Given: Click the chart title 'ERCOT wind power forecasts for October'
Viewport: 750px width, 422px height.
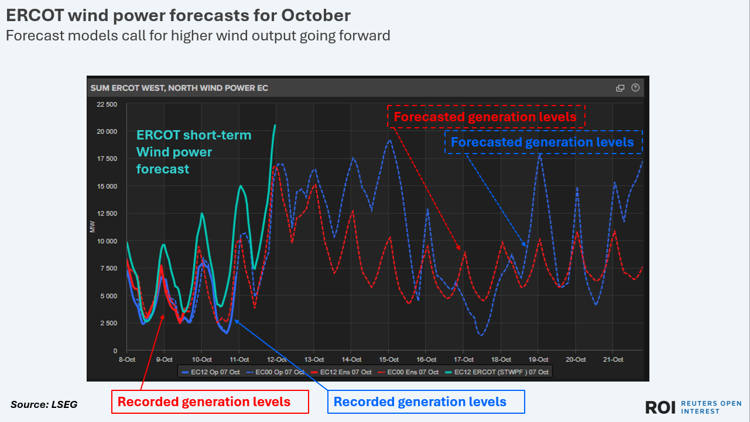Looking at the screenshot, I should pyautogui.click(x=179, y=15).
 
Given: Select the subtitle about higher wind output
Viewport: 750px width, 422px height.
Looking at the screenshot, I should pyautogui.click(x=198, y=36).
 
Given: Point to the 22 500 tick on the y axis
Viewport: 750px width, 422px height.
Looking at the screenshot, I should pyautogui.click(x=107, y=104).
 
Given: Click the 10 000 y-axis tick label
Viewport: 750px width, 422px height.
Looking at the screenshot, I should pyautogui.click(x=107, y=241).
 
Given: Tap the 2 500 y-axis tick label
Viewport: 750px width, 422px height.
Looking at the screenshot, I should pyautogui.click(x=108, y=324).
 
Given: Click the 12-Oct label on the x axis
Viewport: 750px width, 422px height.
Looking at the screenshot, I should pyautogui.click(x=276, y=359).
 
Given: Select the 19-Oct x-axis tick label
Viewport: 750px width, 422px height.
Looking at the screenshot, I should pyautogui.click(x=539, y=359).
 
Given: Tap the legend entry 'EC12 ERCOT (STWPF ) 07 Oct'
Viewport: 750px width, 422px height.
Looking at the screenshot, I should pyautogui.click(x=498, y=372).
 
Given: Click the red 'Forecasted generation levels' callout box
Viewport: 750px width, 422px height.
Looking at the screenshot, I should pyautogui.click(x=486, y=117).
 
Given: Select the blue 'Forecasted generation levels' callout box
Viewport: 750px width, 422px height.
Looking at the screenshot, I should pyautogui.click(x=543, y=142).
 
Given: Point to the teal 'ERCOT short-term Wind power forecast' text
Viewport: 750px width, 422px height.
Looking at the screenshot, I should pyautogui.click(x=193, y=152).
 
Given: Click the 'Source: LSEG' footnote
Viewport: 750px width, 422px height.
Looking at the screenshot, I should pyautogui.click(x=44, y=404).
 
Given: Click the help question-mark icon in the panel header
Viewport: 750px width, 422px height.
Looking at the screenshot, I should pyautogui.click(x=636, y=88).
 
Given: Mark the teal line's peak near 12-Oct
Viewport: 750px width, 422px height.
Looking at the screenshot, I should pyautogui.click(x=275, y=125).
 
